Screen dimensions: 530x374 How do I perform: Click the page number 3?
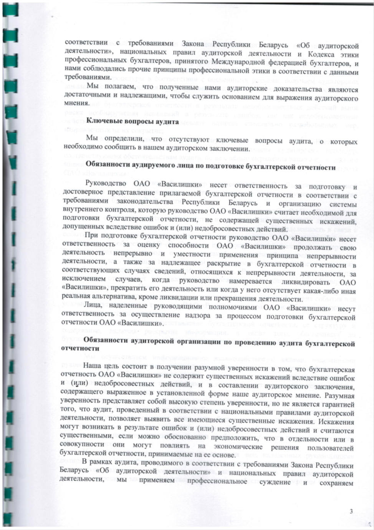(351, 511)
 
